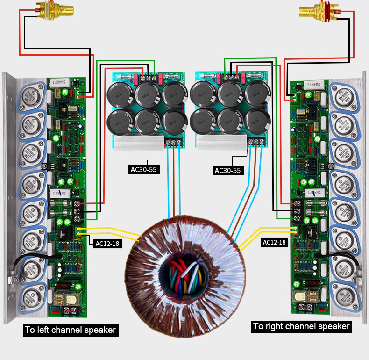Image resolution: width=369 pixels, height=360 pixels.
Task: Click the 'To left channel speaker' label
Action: pyautogui.click(x=70, y=330)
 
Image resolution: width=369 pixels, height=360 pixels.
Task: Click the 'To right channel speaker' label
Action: pyautogui.click(x=301, y=326)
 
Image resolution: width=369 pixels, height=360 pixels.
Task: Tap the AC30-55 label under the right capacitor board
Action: pyautogui.click(x=227, y=170)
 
